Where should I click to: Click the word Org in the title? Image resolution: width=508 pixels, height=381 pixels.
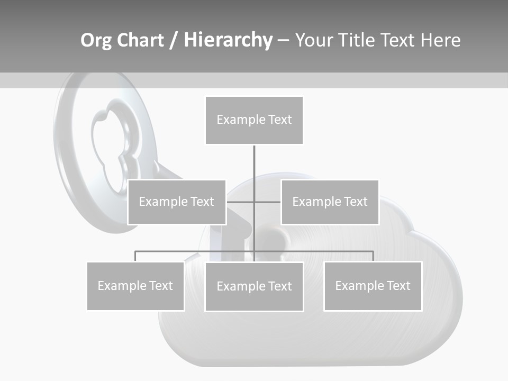(x=96, y=41)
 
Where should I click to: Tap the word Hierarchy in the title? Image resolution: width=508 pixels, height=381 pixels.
(x=228, y=40)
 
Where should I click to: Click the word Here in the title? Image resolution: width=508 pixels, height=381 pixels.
(x=441, y=40)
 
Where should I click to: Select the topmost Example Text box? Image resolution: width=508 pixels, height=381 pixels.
(x=254, y=120)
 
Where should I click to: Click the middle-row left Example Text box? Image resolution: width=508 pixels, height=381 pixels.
(x=177, y=202)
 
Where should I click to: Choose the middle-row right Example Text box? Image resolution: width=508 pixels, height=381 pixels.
(x=330, y=202)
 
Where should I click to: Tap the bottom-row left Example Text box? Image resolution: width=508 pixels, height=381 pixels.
(x=135, y=286)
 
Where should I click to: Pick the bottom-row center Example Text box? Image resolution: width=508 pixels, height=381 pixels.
(x=254, y=286)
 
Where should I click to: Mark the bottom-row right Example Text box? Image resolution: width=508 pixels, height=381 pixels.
(x=373, y=286)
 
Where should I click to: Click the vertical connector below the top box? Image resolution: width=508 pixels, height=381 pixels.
(x=254, y=172)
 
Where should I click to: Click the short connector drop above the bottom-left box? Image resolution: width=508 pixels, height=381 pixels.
(x=135, y=256)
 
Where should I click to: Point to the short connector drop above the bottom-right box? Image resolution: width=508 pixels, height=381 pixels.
(x=373, y=256)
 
